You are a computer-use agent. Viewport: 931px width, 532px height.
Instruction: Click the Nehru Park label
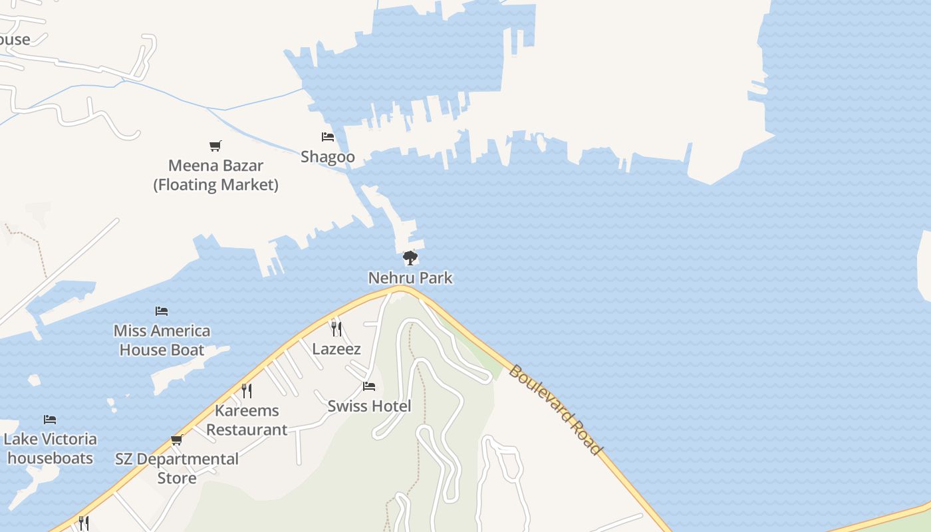410,278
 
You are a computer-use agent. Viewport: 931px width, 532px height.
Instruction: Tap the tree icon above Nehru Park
410,257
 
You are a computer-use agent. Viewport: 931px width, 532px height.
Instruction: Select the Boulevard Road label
555,408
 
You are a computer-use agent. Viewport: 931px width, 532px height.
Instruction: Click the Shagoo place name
328,157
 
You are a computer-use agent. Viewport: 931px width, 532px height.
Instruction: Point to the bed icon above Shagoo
328,137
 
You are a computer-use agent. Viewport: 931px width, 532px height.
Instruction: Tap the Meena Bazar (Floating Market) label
216,175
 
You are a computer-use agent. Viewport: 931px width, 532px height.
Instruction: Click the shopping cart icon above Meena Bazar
215,146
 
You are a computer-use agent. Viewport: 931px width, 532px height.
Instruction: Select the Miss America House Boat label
162,340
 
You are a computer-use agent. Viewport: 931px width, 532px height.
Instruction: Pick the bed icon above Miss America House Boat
162,311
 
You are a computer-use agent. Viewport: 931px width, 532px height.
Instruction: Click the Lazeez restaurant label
336,348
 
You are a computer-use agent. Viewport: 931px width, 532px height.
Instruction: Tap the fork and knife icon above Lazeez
336,328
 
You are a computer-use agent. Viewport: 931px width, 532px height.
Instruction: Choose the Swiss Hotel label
369,406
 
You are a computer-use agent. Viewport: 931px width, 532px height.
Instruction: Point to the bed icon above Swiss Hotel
369,386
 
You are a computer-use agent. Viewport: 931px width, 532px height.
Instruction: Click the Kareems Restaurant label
247,420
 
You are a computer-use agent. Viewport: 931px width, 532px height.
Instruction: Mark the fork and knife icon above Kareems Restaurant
247,390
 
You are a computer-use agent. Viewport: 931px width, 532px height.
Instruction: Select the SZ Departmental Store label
177,468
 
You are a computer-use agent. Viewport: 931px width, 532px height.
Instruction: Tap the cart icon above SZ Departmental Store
177,440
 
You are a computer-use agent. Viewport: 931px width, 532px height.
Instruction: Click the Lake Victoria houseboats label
50,448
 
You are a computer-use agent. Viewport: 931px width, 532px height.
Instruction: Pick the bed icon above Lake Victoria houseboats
50,419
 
